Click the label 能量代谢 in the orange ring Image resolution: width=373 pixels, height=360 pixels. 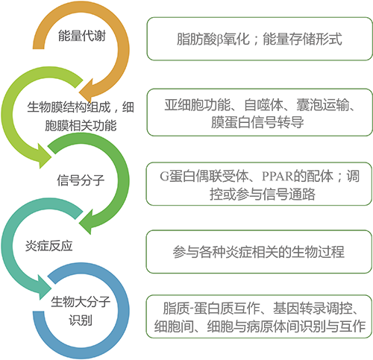(82, 36)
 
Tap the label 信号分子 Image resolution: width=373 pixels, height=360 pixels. (81, 180)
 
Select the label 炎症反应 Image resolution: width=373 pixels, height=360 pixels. (49, 246)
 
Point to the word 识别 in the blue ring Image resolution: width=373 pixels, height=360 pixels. (81, 320)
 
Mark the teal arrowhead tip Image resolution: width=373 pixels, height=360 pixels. (51, 289)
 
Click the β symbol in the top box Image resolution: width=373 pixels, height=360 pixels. (219, 40)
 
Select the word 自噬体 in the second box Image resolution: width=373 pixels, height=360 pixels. (263, 104)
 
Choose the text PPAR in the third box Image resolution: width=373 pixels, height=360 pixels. (278, 177)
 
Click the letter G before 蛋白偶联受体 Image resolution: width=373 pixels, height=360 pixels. (164, 177)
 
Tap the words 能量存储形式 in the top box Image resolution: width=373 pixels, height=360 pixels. (302, 39)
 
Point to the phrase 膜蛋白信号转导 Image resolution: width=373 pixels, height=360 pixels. (257, 122)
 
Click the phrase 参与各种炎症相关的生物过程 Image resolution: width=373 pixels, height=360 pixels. (259, 251)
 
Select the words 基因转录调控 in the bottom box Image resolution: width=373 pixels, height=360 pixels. (313, 309)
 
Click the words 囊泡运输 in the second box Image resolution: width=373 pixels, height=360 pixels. (322, 104)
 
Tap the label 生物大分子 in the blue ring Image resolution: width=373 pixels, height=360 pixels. (81, 302)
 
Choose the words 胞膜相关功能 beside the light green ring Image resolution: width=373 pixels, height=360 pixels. (81, 125)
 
